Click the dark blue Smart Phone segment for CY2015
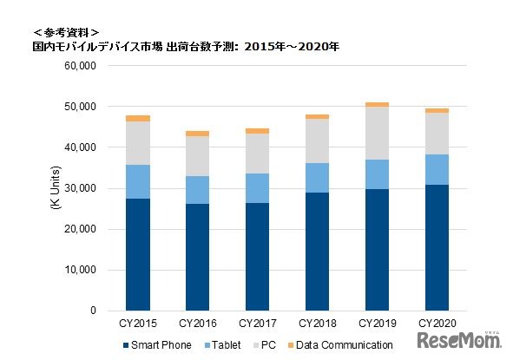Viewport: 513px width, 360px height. (x=137, y=254)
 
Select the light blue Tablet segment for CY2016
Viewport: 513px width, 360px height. (x=196, y=190)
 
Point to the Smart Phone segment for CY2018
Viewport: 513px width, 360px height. (x=317, y=252)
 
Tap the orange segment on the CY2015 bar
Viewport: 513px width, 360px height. (x=137, y=118)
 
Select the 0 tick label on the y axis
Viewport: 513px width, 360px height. (x=89, y=311)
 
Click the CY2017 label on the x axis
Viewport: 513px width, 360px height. (x=257, y=324)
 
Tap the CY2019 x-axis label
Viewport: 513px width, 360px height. (x=377, y=324)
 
